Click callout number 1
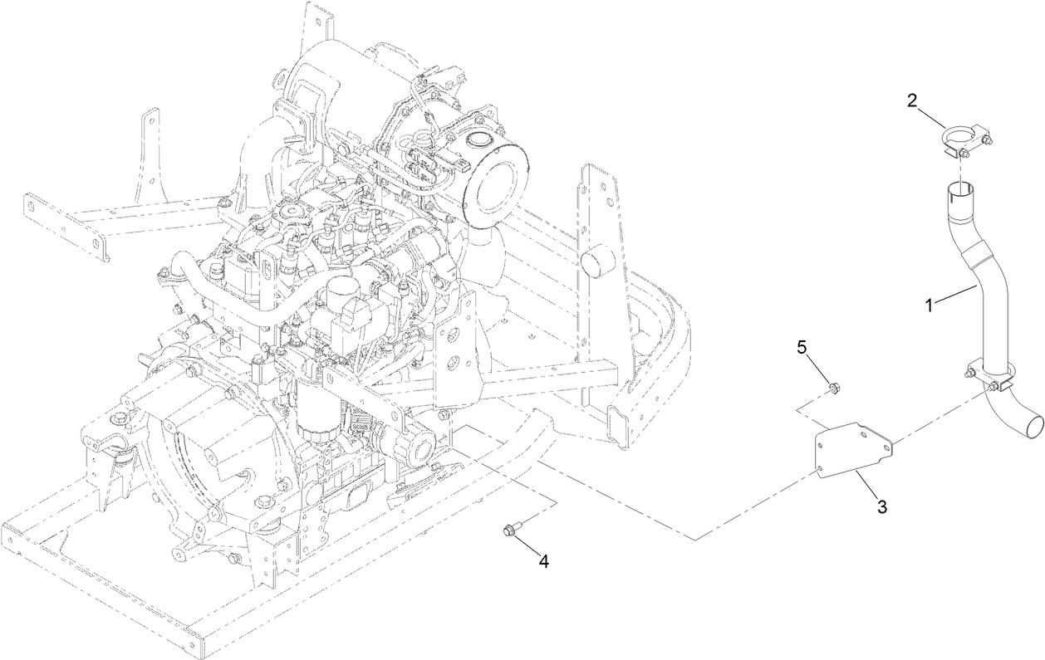tap(930, 304)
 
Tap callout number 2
tap(912, 101)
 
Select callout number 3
tap(882, 506)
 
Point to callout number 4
tap(543, 561)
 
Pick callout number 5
tap(802, 348)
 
